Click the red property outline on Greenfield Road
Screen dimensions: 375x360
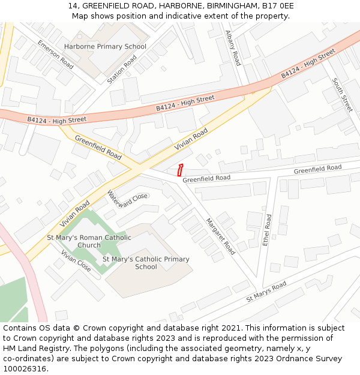(180, 169)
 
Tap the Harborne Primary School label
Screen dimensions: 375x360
(105, 46)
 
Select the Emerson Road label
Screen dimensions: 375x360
(55, 55)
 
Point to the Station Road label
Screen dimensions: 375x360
(122, 69)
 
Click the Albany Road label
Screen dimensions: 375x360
(233, 48)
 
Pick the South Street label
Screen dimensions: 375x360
(342, 95)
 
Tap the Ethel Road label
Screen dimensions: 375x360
(267, 230)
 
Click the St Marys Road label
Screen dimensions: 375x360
(266, 292)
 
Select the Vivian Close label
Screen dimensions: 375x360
(76, 260)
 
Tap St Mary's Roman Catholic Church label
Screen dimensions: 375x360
(89, 241)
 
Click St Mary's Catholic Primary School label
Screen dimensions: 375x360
(146, 263)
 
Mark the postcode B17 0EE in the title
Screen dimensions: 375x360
(279, 6)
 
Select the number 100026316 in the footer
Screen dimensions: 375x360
(25, 368)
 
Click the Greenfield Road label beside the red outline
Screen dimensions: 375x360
(206, 178)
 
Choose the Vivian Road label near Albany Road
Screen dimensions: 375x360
(191, 139)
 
